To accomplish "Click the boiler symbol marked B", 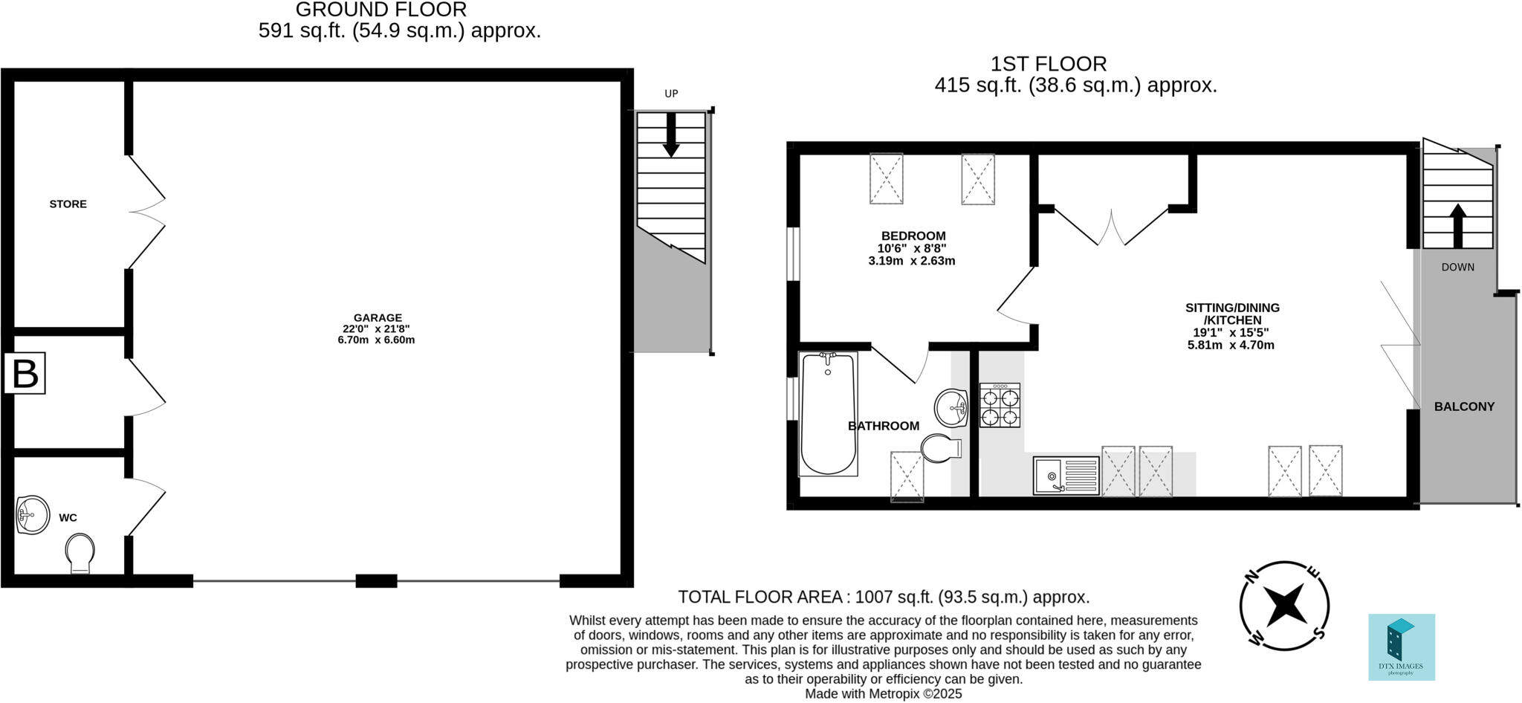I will tap(25, 374).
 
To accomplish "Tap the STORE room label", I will tap(68, 204).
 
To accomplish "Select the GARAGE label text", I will tap(378, 317).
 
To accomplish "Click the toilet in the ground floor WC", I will tap(80, 554).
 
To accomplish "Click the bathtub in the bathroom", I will tap(828, 414).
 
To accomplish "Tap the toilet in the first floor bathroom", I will tap(939, 449).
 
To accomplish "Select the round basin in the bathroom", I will tap(951, 408).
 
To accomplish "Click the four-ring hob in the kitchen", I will tap(1000, 406).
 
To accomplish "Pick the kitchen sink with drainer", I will tap(1066, 476).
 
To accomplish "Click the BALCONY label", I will tap(1464, 406).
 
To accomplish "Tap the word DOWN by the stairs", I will tap(1457, 267).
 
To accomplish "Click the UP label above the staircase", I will tap(671, 94).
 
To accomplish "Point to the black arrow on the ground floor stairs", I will tap(671, 135).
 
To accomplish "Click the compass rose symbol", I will tap(1284, 605).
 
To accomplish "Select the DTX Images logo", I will tap(1402, 647).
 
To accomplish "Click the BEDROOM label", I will tap(913, 236).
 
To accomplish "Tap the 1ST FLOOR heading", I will tap(1048, 64).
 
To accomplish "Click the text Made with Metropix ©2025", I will tap(883, 694).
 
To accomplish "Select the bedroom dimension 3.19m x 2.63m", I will tap(911, 261).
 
